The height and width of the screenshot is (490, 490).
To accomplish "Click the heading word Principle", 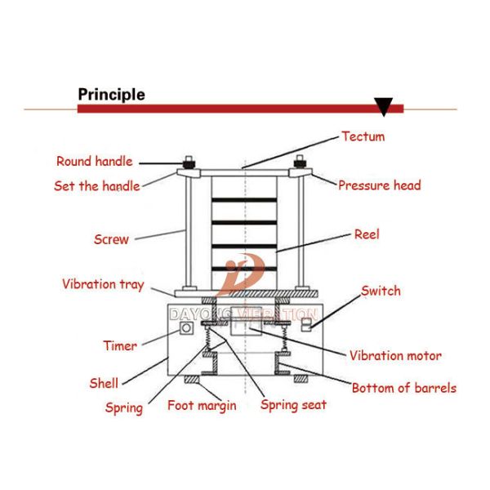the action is point(111,95).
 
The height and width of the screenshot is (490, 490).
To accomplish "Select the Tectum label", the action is point(363,136).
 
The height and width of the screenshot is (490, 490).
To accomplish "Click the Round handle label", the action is point(95,161).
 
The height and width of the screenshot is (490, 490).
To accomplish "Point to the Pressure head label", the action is point(380,185).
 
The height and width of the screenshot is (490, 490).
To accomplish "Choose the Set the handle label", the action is point(97,186).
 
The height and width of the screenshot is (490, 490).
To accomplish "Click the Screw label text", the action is point(111,239).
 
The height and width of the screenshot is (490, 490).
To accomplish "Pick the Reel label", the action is point(367,234).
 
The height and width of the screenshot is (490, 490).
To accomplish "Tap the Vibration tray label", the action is point(103,284).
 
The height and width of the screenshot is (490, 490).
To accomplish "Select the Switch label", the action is point(381,291).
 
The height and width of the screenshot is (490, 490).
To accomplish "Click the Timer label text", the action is point(120,345).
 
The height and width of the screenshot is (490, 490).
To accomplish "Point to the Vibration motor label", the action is point(395,355).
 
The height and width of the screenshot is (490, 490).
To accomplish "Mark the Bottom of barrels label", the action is point(404,388).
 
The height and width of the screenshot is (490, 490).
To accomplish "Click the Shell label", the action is point(104,383).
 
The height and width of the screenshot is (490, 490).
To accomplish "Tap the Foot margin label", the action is point(202,406).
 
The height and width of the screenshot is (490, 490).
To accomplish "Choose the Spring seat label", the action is point(293,405).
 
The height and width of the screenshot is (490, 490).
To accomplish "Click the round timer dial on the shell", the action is point(186,328).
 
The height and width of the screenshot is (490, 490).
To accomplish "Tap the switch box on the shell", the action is point(306,324).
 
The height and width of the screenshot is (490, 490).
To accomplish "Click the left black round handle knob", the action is point(189,164).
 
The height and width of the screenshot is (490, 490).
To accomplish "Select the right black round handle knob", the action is point(300,163).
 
